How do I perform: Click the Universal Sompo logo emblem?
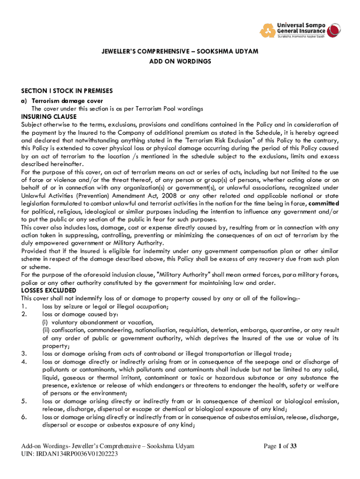point(268,30)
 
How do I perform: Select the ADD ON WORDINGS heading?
point(180,61)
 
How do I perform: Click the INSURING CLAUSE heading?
point(49,116)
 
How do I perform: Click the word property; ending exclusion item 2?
point(56,346)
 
